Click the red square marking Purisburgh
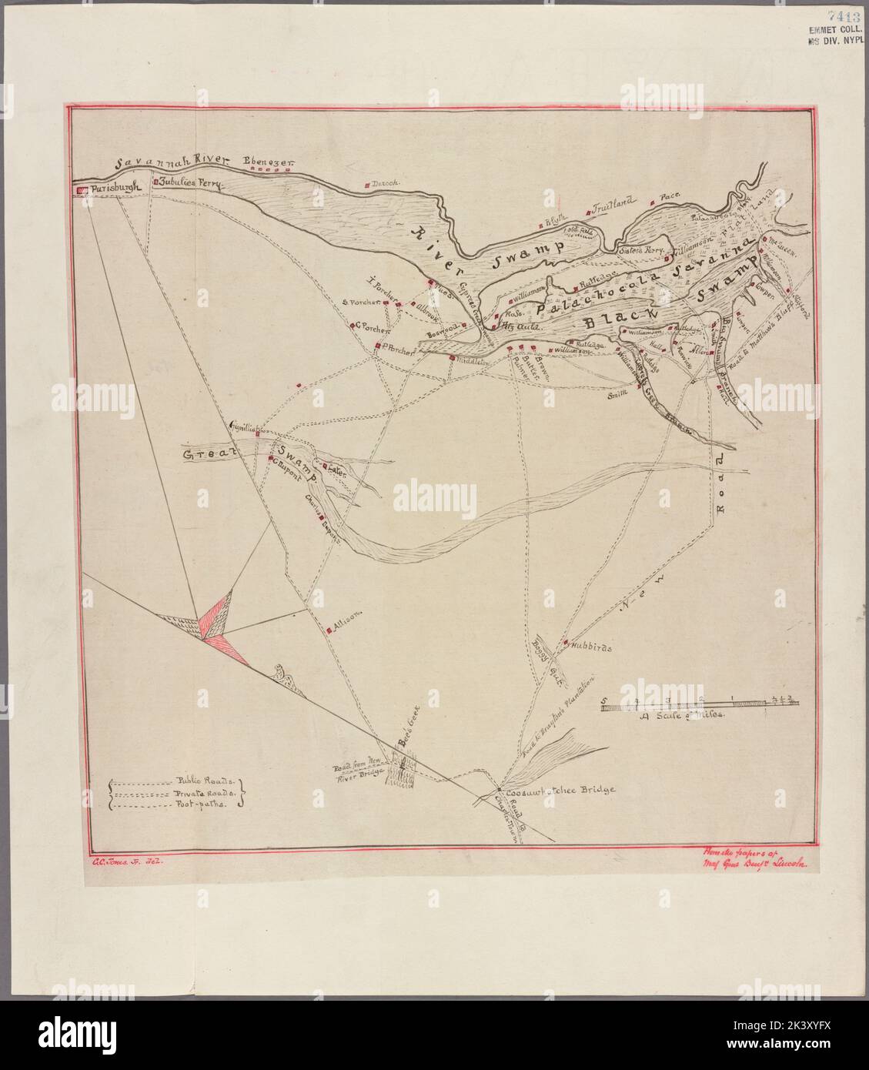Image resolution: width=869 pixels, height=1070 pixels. (x=80, y=189)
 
